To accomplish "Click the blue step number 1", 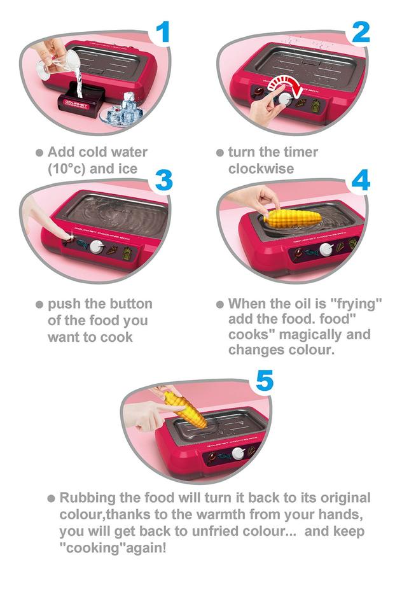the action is [x=163, y=32].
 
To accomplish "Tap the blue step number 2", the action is [x=360, y=32].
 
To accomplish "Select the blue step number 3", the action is [x=163, y=180].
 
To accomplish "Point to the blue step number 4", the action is [x=361, y=180].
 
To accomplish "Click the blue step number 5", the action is [x=265, y=381].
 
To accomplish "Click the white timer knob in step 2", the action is [x=286, y=98].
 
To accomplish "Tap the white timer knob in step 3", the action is [x=96, y=247].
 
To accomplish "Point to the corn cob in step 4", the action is [x=293, y=218].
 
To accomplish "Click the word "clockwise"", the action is [x=261, y=169].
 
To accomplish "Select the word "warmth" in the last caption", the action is [x=221, y=514].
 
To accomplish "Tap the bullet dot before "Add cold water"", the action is [x=39, y=152].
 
